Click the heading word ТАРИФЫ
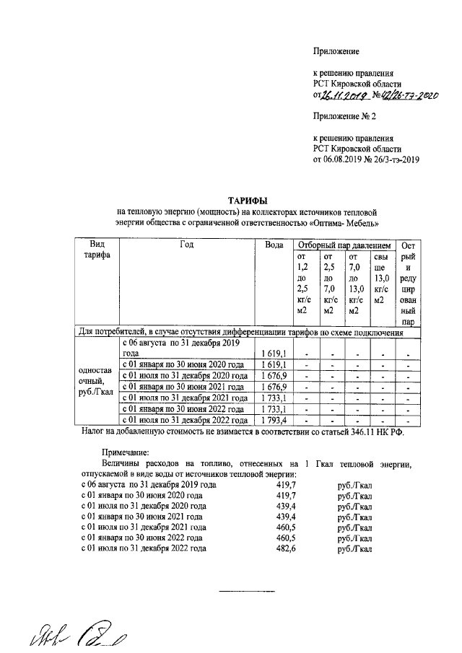(x=248, y=200)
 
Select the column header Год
(x=187, y=245)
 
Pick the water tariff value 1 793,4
(x=274, y=420)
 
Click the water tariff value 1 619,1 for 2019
(x=274, y=354)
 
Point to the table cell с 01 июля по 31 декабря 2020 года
(x=186, y=375)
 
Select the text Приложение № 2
(x=344, y=116)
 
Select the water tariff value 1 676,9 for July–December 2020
(x=274, y=375)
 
